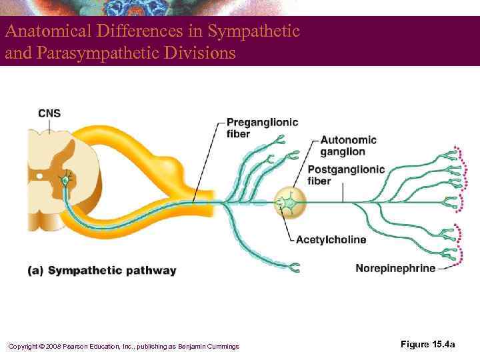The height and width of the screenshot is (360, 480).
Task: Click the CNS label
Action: coord(49,113)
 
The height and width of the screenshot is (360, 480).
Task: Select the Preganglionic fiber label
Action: coord(262,128)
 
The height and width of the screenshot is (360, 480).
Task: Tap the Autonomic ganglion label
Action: coord(348,145)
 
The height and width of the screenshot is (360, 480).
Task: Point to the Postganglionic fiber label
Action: coord(346,175)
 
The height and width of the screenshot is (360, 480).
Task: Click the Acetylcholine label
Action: coord(331,239)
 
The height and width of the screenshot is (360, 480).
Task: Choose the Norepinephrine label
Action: coord(395,269)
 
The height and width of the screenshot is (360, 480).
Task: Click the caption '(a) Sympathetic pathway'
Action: coord(102,271)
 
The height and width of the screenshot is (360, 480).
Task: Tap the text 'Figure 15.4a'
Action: coord(428,344)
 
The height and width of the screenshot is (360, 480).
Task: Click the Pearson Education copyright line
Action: coord(123,346)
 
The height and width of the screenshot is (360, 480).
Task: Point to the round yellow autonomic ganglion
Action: coord(290,201)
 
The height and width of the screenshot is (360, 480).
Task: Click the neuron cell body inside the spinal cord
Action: coord(65,179)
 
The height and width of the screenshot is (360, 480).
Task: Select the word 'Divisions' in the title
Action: coord(203,53)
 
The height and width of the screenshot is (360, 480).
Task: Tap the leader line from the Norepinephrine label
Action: coord(445,268)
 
